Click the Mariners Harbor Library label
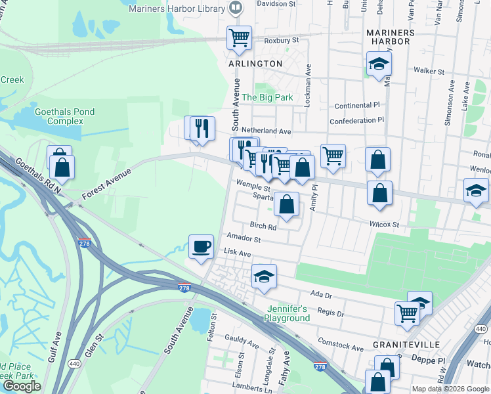pyautogui.click(x=178, y=9)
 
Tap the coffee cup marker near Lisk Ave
pyautogui.click(x=201, y=247)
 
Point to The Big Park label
pyautogui.click(x=267, y=97)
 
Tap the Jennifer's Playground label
pyautogui.click(x=287, y=313)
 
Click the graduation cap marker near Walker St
pyautogui.click(x=378, y=64)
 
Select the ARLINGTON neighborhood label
pyautogui.click(x=255, y=64)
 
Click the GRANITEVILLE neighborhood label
pyautogui.click(x=402, y=344)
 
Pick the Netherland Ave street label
pyautogui.click(x=266, y=131)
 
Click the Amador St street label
pyautogui.click(x=244, y=239)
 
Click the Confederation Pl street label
pyautogui.click(x=356, y=121)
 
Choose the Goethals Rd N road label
pyautogui.click(x=38, y=175)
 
